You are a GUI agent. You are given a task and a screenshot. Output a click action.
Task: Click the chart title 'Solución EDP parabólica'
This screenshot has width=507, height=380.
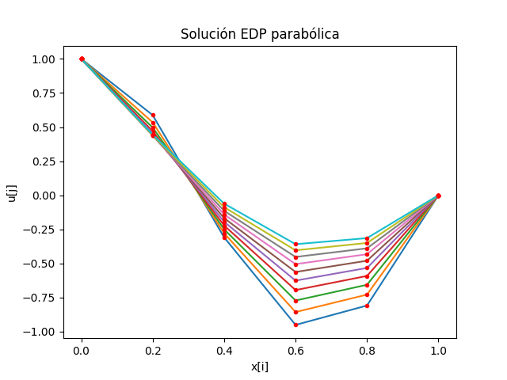point(260,34)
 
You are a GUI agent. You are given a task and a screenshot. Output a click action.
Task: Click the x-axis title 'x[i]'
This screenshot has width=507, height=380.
point(260,367)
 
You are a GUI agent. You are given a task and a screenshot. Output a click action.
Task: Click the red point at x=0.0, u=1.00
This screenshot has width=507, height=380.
point(82,59)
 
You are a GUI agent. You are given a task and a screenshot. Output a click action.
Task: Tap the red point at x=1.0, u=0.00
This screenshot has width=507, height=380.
point(438,196)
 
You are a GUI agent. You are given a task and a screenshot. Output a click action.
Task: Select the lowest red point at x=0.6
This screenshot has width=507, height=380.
point(295,325)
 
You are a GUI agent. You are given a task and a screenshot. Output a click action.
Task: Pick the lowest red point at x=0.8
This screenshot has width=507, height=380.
point(367,306)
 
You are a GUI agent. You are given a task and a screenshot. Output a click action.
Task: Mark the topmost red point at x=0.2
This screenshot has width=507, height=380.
point(153,116)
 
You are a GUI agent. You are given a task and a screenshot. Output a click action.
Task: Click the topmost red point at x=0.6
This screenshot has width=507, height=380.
point(295,245)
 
